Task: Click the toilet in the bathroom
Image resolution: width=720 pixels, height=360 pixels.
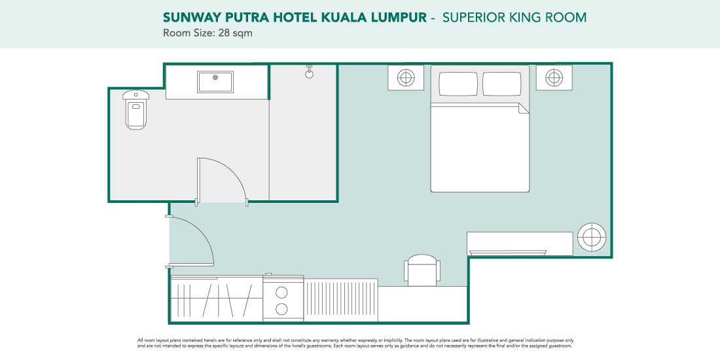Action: [136, 109]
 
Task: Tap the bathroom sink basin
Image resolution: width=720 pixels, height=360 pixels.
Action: [215, 82]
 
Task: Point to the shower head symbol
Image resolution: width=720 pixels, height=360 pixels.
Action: [310, 71]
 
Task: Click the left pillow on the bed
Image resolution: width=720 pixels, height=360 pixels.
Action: [458, 84]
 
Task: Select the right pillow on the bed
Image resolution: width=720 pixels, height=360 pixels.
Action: [502, 84]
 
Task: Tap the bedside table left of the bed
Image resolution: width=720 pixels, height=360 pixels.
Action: [406, 78]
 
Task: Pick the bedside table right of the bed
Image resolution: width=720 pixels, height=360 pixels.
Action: [554, 78]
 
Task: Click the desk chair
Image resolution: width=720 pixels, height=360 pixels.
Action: [422, 270]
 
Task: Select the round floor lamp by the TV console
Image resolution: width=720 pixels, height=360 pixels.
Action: [592, 237]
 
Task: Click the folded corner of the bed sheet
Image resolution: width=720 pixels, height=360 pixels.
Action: [524, 109]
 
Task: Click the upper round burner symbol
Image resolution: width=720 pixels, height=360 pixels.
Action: [282, 292]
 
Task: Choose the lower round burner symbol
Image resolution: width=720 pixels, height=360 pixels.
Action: [282, 308]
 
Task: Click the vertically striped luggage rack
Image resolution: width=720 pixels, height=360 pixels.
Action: [341, 300]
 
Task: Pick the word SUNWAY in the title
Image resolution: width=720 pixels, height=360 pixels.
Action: [188, 18]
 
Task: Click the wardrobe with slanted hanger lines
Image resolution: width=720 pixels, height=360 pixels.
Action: [217, 299]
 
